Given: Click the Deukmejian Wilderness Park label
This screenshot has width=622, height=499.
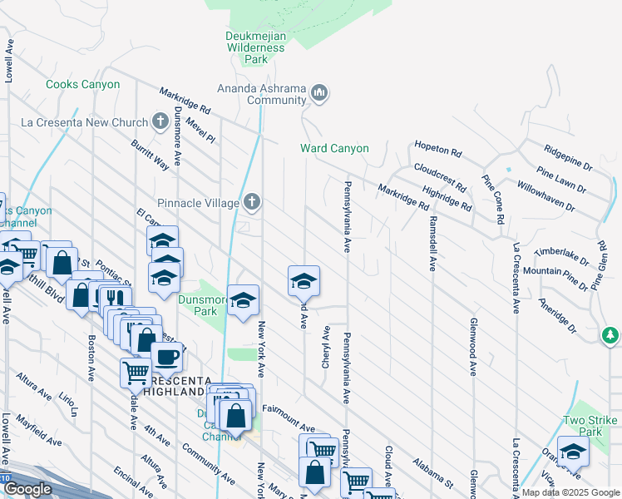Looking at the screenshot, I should (255, 47).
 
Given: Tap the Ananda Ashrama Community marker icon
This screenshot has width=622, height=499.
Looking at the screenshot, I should (320, 94).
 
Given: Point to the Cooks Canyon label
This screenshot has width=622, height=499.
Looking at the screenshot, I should (83, 85).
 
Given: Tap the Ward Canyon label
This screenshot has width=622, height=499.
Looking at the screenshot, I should (334, 149).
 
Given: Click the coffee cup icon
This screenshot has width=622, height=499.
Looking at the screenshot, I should (166, 357).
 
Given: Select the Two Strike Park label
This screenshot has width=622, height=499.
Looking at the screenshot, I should (591, 427).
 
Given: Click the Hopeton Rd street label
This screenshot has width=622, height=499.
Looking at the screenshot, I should (437, 152).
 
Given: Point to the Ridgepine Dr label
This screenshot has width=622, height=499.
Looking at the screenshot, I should (568, 156).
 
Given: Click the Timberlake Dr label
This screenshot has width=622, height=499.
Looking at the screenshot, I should (561, 251).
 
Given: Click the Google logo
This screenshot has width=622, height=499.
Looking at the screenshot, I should (27, 489).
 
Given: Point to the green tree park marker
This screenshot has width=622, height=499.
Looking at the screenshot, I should (611, 334).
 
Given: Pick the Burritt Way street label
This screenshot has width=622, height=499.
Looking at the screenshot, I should (150, 156).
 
